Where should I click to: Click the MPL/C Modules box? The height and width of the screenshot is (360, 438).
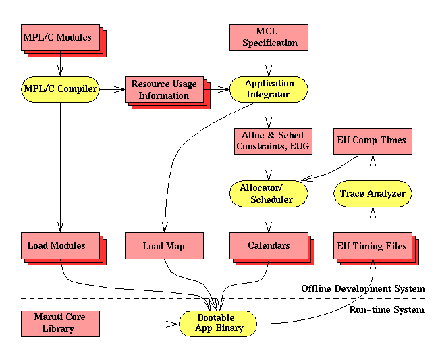pyautogui.click(x=57, y=38)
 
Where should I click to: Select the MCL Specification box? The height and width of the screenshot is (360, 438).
pyautogui.click(x=268, y=37)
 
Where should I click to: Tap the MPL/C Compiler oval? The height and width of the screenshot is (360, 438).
pyautogui.click(x=60, y=88)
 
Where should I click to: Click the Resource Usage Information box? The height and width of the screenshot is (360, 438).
pyautogui.click(x=164, y=90)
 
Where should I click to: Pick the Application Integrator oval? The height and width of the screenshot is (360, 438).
pyautogui.click(x=269, y=88)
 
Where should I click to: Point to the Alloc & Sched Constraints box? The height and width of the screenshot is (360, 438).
pyautogui.click(x=269, y=140)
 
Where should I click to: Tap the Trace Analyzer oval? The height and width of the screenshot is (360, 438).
pyautogui.click(x=373, y=194)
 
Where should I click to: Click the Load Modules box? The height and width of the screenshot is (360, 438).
pyautogui.click(x=57, y=245)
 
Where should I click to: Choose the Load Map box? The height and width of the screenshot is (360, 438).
pyautogui.click(x=164, y=246)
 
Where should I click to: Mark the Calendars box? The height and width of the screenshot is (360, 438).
pyautogui.click(x=269, y=245)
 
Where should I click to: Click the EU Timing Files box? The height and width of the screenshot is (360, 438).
pyautogui.click(x=372, y=246)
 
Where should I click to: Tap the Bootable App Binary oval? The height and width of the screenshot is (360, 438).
pyautogui.click(x=219, y=324)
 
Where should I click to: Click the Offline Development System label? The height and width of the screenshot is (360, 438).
pyautogui.click(x=363, y=289)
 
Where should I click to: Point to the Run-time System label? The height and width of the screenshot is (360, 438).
pyautogui.click(x=386, y=309)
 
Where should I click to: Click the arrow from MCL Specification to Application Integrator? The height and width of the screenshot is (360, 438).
pyautogui.click(x=269, y=63)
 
